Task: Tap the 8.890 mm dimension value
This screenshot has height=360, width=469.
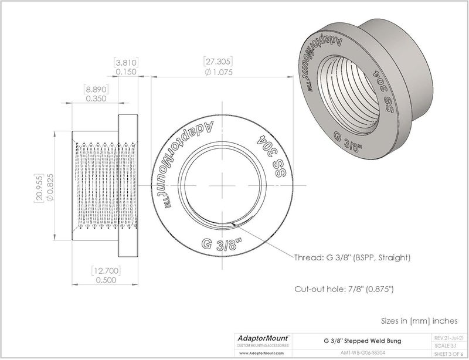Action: click(96, 89)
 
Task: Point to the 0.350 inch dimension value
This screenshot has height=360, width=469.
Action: click(96, 100)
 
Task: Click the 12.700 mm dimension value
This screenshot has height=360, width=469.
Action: click(106, 271)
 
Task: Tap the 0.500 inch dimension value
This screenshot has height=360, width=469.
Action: click(106, 281)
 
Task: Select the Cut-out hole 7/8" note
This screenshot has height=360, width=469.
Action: click(344, 289)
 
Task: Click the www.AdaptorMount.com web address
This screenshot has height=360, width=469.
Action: click(261, 354)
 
